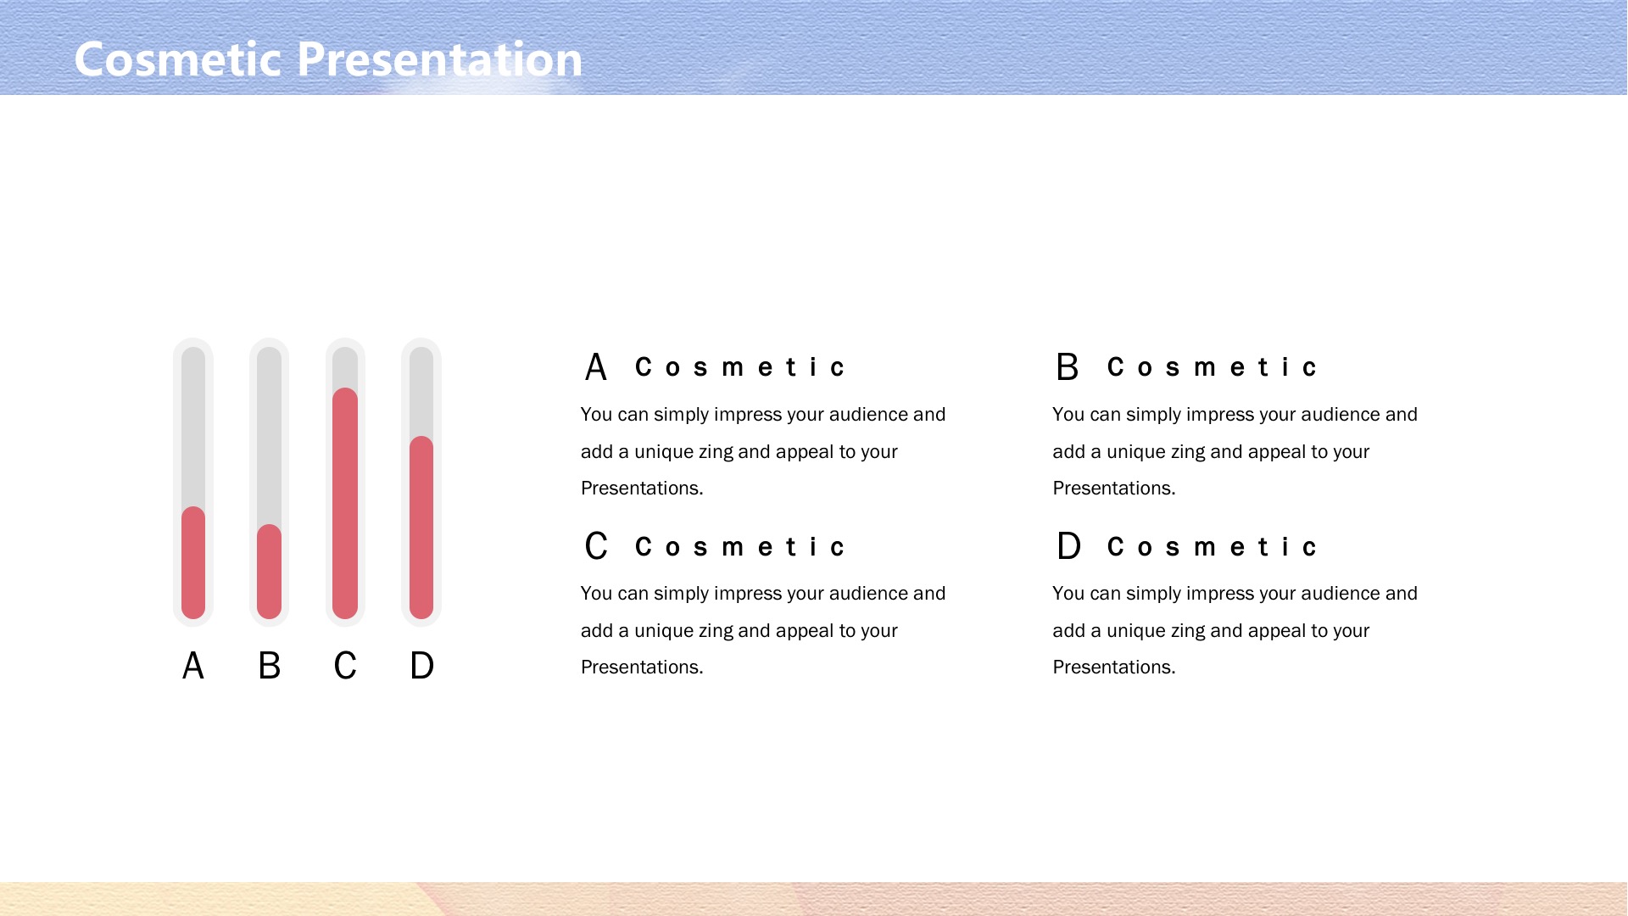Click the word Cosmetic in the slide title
point(178,59)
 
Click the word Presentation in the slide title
point(440,59)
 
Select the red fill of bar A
point(193,562)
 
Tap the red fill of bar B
point(269,572)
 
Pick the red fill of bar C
point(345,503)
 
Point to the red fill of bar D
point(421,528)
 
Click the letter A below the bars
point(193,666)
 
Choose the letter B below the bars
point(269,666)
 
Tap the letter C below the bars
point(345,666)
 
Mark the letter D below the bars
point(421,666)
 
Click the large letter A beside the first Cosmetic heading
point(596,367)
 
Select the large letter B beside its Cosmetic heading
point(1068,367)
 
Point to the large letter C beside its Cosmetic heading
point(596,546)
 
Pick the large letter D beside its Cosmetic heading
point(1068,546)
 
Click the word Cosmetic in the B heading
point(1212,367)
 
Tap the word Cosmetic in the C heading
point(740,547)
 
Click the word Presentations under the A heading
point(642,489)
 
